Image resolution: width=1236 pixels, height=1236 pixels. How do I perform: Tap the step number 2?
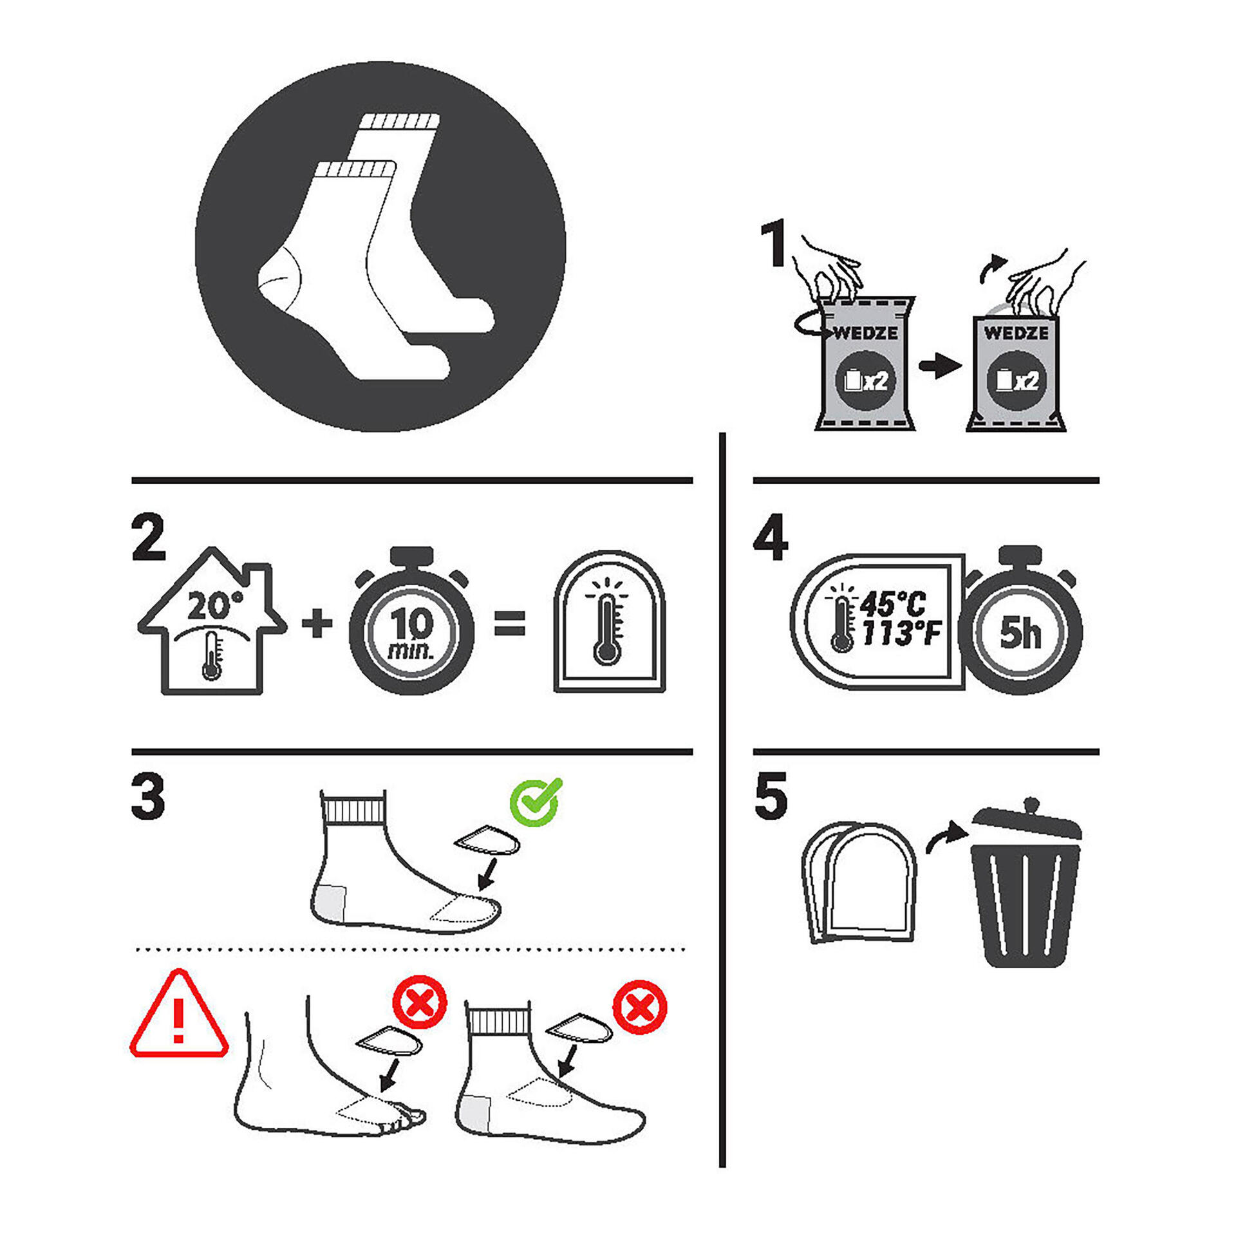(149, 538)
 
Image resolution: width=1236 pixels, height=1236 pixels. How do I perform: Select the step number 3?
(149, 797)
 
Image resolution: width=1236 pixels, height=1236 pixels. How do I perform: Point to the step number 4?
(771, 538)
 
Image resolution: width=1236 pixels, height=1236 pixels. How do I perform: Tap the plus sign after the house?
(317, 624)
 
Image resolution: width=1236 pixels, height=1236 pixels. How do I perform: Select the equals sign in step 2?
(509, 624)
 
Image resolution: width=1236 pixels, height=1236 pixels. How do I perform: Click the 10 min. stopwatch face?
(411, 632)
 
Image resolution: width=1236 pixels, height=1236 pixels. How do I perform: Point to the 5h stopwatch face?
(1020, 632)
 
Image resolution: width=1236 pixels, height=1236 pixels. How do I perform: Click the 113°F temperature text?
(901, 634)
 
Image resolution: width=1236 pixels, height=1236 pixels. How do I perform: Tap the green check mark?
(536, 802)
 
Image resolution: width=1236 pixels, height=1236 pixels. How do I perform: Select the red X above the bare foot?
(420, 1002)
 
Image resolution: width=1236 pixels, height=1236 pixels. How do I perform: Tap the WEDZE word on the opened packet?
(1016, 333)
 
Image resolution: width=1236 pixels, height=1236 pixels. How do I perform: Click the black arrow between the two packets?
(940, 367)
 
